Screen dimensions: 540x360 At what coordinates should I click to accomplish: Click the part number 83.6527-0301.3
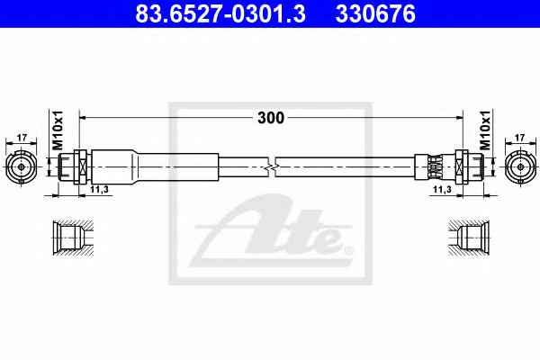220,13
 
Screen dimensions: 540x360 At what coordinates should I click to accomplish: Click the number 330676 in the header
375,13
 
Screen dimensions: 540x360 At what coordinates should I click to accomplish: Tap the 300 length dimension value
271,118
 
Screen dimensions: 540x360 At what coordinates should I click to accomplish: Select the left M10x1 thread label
58,130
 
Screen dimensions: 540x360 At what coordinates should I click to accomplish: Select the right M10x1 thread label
485,130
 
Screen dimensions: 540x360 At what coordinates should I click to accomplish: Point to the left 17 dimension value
22,138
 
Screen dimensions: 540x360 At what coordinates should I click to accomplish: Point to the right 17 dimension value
519,138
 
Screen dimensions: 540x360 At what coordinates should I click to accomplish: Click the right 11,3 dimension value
442,189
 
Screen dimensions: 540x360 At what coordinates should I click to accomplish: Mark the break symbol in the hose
272,167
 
